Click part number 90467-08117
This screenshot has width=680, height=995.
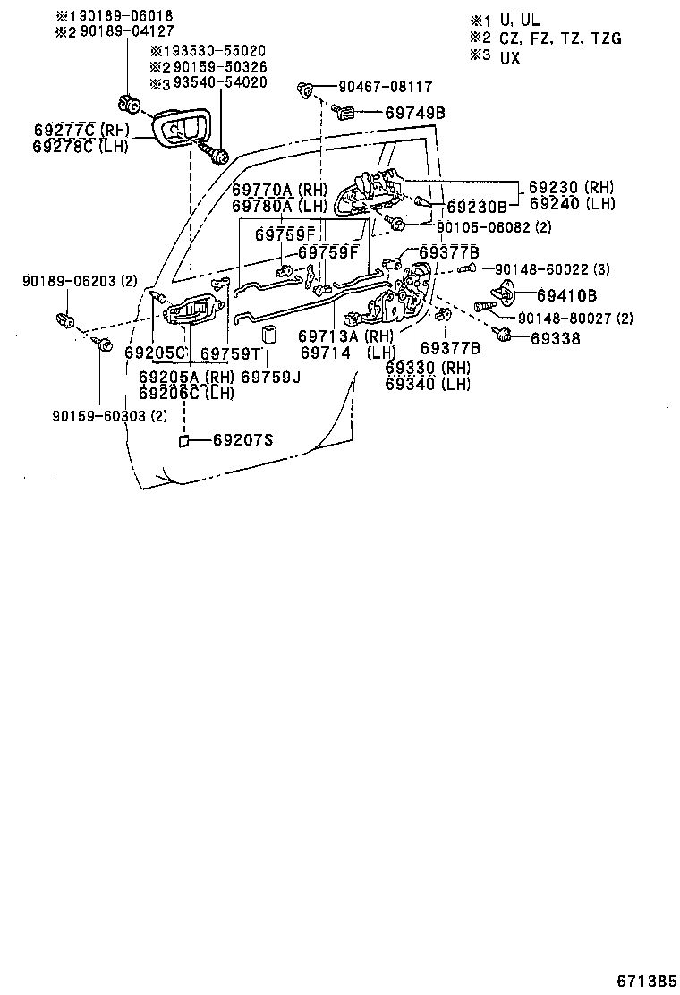(x=385, y=88)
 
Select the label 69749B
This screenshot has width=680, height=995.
(x=415, y=113)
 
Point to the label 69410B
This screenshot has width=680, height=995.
(x=566, y=294)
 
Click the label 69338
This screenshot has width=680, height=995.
(x=555, y=338)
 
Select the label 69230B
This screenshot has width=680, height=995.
(x=476, y=208)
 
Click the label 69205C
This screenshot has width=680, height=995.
(x=155, y=353)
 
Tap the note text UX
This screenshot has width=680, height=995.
(x=509, y=57)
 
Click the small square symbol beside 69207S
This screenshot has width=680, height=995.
(x=183, y=441)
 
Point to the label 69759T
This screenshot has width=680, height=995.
(x=229, y=353)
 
